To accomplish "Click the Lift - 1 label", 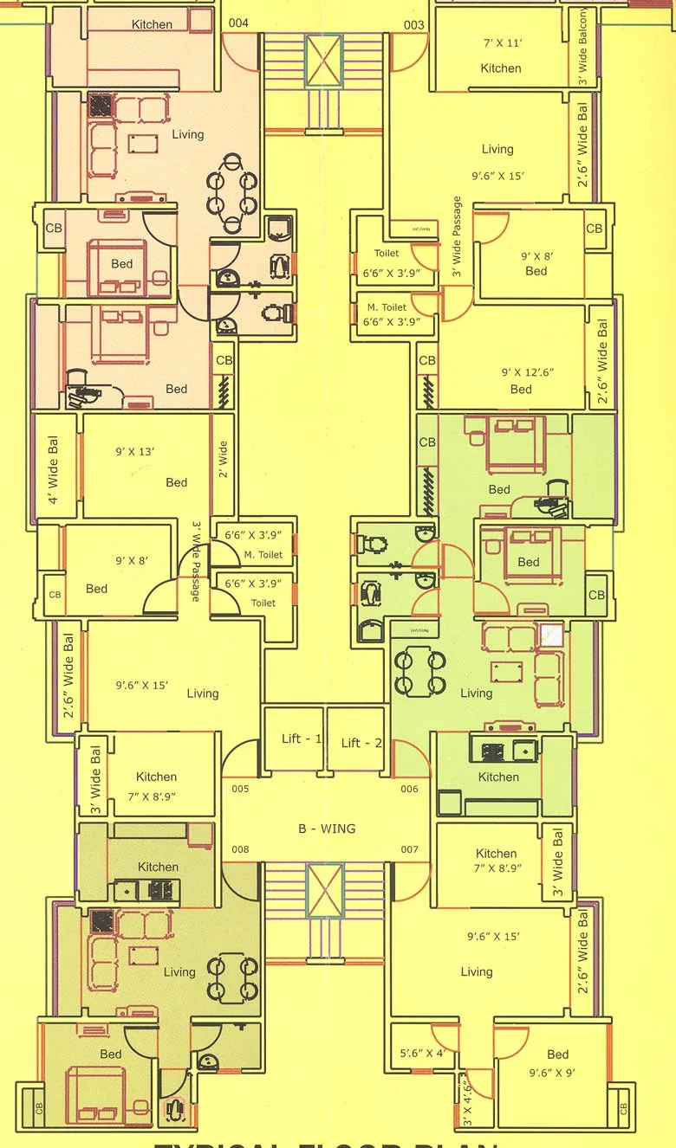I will point(302,738).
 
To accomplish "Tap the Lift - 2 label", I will point(361,743).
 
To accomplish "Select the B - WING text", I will point(327,829).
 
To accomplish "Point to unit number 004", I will point(238,23).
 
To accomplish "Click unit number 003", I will point(414,25).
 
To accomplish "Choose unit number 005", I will point(240,789).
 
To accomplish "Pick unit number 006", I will point(409,789).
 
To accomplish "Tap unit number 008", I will point(240,849).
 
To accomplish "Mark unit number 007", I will point(409,849).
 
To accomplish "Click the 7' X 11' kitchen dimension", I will point(501,42).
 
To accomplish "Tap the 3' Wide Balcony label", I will point(583,47).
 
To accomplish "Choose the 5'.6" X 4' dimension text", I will point(422,1054).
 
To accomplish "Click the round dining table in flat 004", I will point(231,193).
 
